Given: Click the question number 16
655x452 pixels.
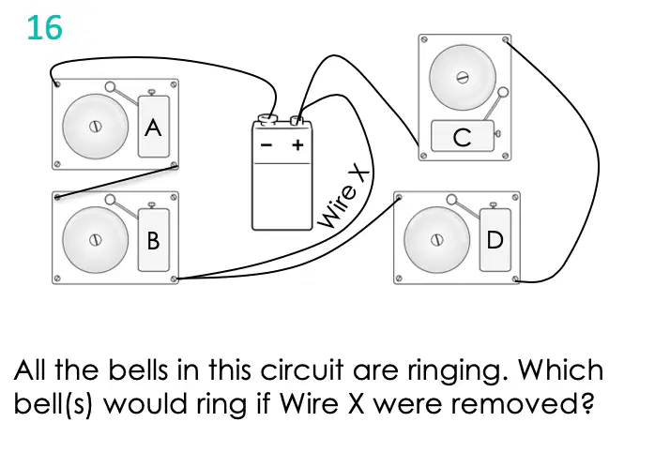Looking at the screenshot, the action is pyautogui.click(x=45, y=28).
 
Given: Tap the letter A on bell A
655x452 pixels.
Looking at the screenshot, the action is pyautogui.click(x=153, y=128).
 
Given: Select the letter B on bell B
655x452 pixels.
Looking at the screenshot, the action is pyautogui.click(x=153, y=240).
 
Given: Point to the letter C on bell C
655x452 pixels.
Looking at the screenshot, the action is pyautogui.click(x=462, y=137).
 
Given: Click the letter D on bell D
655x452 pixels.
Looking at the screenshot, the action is pyautogui.click(x=495, y=240).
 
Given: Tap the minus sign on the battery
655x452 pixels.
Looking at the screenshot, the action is pyautogui.click(x=267, y=145).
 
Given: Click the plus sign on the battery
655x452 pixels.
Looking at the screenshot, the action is pyautogui.click(x=297, y=145).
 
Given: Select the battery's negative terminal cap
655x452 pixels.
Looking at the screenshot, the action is pyautogui.click(x=267, y=120).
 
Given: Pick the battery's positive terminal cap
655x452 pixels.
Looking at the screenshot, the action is pyautogui.click(x=297, y=120).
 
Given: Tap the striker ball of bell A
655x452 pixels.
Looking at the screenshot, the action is pyautogui.click(x=111, y=87).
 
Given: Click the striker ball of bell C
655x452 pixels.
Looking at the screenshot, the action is pyautogui.click(x=503, y=92).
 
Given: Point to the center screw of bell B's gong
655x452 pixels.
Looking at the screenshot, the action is pyautogui.click(x=96, y=240).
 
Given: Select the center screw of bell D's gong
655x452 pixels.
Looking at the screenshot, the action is pyautogui.click(x=437, y=240).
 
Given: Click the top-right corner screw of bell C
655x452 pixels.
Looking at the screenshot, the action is pyautogui.click(x=506, y=39).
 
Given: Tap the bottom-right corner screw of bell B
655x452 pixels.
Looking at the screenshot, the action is pyautogui.click(x=174, y=279).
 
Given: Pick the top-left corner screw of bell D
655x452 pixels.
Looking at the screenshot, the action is pyautogui.click(x=399, y=197).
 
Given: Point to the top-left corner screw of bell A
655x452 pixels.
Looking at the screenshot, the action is pyautogui.click(x=57, y=84).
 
